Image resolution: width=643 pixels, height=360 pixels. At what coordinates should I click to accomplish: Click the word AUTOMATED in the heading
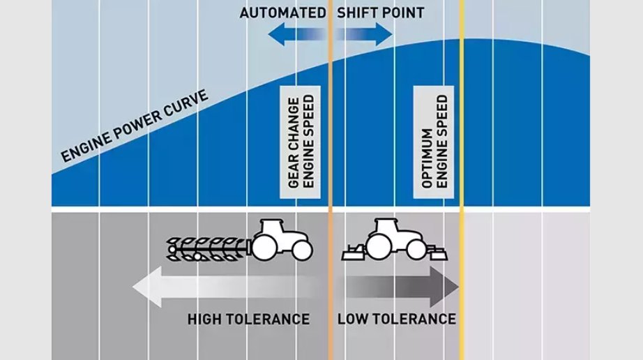pos(282,13)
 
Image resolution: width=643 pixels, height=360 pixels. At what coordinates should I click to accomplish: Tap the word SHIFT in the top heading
pos(356,13)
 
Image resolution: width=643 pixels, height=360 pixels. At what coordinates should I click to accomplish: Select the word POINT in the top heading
pos(402,13)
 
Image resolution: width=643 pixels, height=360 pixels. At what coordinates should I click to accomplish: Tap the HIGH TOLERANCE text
pos(248,320)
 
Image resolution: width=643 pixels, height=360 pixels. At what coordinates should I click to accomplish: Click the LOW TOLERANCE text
pos(396,320)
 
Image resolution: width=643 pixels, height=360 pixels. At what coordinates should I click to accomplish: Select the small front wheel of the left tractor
pos(301,250)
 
